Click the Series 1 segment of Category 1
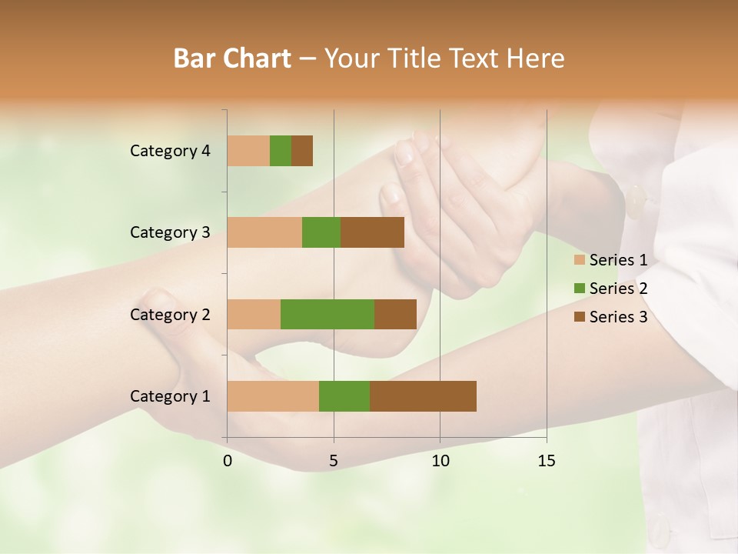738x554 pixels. point(273,396)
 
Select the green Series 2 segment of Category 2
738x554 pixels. point(327,314)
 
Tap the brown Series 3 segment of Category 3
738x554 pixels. point(372,232)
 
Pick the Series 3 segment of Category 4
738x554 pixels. point(302,151)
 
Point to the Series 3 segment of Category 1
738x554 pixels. point(423,396)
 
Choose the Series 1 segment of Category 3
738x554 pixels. point(264,232)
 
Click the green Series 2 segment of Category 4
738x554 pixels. point(281,151)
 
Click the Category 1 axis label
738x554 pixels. point(170,396)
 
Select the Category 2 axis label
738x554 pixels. point(170,314)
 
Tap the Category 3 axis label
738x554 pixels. point(170,232)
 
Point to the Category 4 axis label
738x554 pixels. point(170,151)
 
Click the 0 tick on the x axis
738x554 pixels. point(228,461)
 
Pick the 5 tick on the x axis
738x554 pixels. point(334,461)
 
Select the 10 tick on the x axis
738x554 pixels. point(440,461)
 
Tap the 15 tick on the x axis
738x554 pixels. point(546,461)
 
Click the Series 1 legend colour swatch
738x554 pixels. point(580,260)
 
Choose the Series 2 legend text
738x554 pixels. point(618,289)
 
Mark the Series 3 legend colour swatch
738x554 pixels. point(580,317)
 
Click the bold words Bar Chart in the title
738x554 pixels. point(231,58)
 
